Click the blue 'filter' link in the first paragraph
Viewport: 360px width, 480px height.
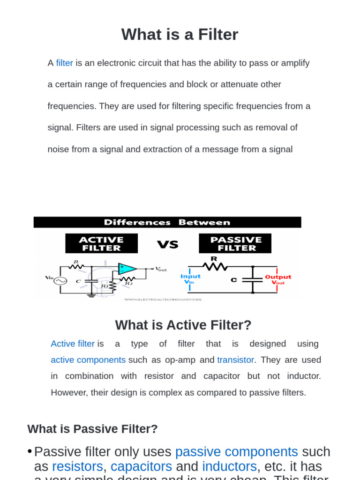(x=64, y=63)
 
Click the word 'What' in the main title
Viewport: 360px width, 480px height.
(x=137, y=35)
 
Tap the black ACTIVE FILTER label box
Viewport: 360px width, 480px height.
(x=101, y=243)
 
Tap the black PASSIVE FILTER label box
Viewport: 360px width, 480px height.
(x=235, y=243)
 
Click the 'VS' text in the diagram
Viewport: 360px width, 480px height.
(x=168, y=244)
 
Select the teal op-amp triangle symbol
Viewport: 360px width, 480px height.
(x=127, y=269)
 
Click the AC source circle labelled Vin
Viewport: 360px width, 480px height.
(x=60, y=280)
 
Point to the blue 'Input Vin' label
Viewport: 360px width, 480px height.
(x=190, y=279)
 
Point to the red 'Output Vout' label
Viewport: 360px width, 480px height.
(x=278, y=279)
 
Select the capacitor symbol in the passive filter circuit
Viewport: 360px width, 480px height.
(x=253, y=280)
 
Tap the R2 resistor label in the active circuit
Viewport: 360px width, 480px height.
(x=128, y=283)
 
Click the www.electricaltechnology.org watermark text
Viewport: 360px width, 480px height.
(x=163, y=299)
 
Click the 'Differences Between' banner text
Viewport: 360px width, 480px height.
(x=167, y=223)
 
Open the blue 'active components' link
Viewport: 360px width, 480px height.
(x=88, y=360)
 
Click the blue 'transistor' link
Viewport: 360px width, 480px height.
(x=235, y=360)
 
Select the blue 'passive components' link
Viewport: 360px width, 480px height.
(x=236, y=452)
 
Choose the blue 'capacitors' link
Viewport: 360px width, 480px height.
(x=141, y=467)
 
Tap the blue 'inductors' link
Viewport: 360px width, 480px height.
(x=229, y=467)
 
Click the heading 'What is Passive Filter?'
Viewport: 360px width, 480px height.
(x=92, y=429)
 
